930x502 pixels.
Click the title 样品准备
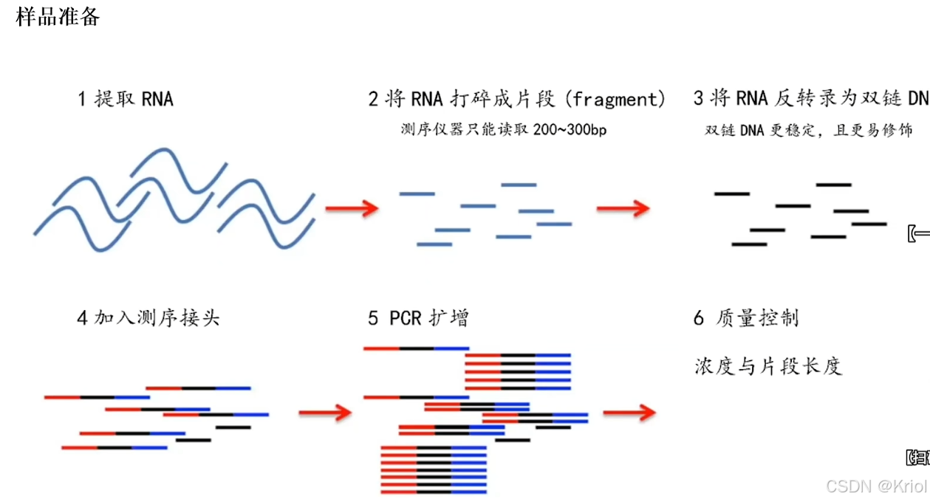[58, 16]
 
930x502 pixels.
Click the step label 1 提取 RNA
[125, 99]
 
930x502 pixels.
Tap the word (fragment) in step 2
[619, 99]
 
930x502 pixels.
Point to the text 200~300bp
[569, 131]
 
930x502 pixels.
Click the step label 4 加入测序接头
[148, 318]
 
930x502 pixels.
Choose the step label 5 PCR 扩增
[418, 318]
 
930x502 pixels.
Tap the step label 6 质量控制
[747, 318]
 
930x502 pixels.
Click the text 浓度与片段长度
[768, 365]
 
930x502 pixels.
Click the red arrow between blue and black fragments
[623, 209]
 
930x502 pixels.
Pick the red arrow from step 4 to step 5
[325, 413]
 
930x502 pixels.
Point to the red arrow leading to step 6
[629, 413]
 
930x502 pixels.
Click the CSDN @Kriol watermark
[876, 486]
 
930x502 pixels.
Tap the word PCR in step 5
[406, 318]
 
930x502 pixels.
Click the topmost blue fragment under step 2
[519, 185]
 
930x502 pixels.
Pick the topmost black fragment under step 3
[833, 185]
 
